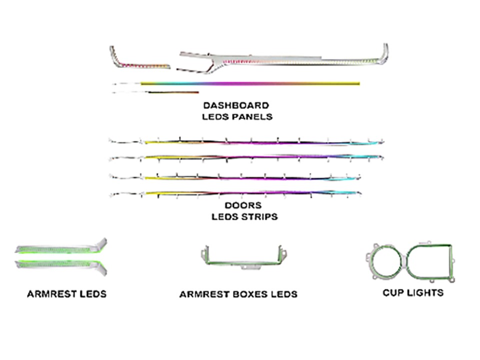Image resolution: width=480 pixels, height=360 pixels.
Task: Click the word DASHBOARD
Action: click(x=236, y=105)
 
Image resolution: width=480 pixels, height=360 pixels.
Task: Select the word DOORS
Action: click(x=243, y=205)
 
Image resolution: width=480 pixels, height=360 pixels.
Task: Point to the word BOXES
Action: click(x=249, y=294)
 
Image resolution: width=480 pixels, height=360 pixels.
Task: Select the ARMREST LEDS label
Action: click(x=66, y=294)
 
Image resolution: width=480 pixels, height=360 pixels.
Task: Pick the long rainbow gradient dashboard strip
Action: click(x=250, y=83)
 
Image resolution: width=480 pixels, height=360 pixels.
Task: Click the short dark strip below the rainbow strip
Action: click(x=173, y=92)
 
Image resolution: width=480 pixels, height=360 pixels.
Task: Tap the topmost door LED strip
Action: click(x=246, y=141)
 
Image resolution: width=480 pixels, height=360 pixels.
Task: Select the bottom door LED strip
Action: click(x=235, y=193)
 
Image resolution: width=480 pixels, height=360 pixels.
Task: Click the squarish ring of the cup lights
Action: click(x=450, y=261)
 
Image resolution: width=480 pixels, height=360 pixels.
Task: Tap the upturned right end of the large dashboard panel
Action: click(x=385, y=52)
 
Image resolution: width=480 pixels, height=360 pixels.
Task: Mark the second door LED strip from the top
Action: click(x=246, y=157)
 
